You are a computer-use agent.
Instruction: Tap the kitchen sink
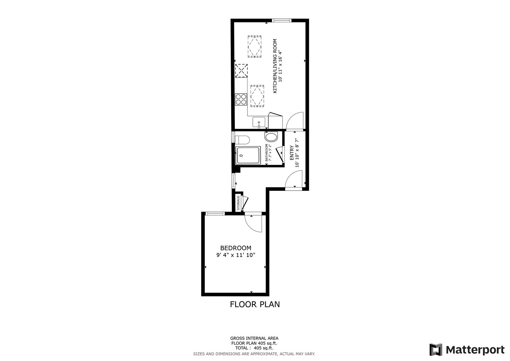click(x=259, y=123)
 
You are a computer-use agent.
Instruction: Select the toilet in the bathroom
click(x=242, y=139)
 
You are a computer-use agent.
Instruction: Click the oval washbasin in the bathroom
click(x=271, y=137)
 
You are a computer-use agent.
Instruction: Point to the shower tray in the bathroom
click(x=248, y=155)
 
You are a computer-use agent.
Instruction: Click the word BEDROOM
click(x=235, y=248)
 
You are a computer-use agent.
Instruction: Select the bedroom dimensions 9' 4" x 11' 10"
click(x=235, y=255)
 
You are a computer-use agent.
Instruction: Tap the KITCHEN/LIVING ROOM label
click(x=275, y=66)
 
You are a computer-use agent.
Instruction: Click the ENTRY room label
click(x=291, y=152)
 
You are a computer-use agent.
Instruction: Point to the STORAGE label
click(x=238, y=203)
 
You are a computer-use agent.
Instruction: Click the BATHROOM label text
click(x=267, y=153)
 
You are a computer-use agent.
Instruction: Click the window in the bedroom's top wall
click(x=214, y=214)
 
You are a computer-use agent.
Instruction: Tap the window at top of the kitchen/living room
click(x=282, y=21)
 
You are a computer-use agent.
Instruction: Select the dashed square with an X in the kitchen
click(x=241, y=71)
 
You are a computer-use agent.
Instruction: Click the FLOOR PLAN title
click(x=254, y=305)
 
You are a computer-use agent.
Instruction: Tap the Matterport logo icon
click(x=436, y=350)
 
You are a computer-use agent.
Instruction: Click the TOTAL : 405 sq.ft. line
click(x=254, y=348)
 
